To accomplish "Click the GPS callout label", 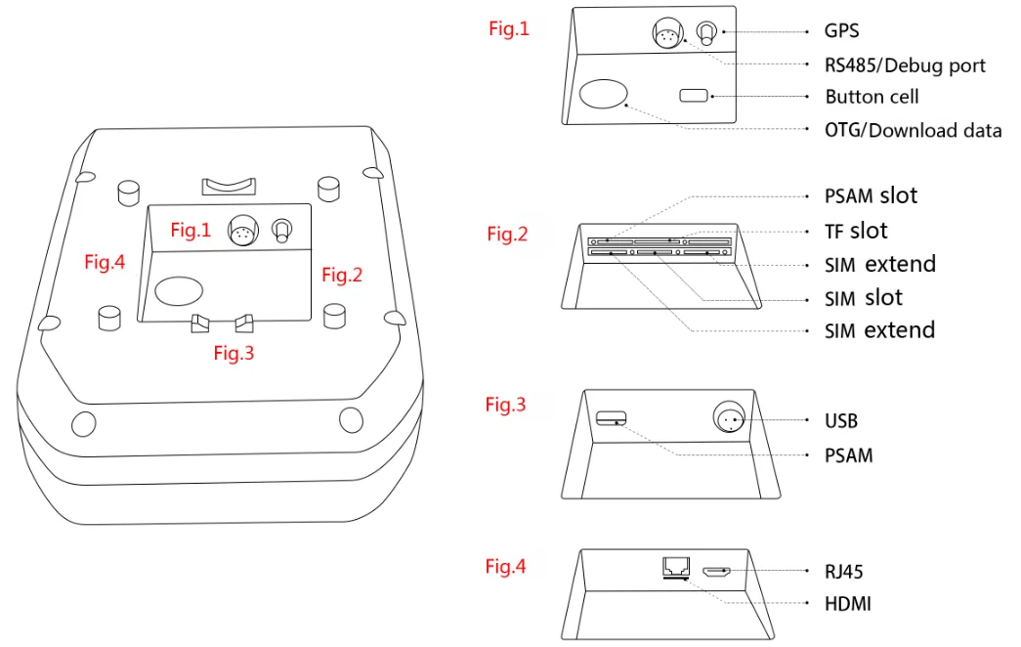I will tap(843, 31).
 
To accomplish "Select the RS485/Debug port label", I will tap(905, 65).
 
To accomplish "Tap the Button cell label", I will tap(872, 97).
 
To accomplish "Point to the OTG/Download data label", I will tap(913, 130).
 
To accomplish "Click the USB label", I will tap(841, 420).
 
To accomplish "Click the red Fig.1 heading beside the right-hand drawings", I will tap(509, 29).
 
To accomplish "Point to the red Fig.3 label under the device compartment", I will tap(234, 354).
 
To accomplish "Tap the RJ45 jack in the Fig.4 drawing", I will tap(674, 567).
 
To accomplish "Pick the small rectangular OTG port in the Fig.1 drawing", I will tap(695, 96).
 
